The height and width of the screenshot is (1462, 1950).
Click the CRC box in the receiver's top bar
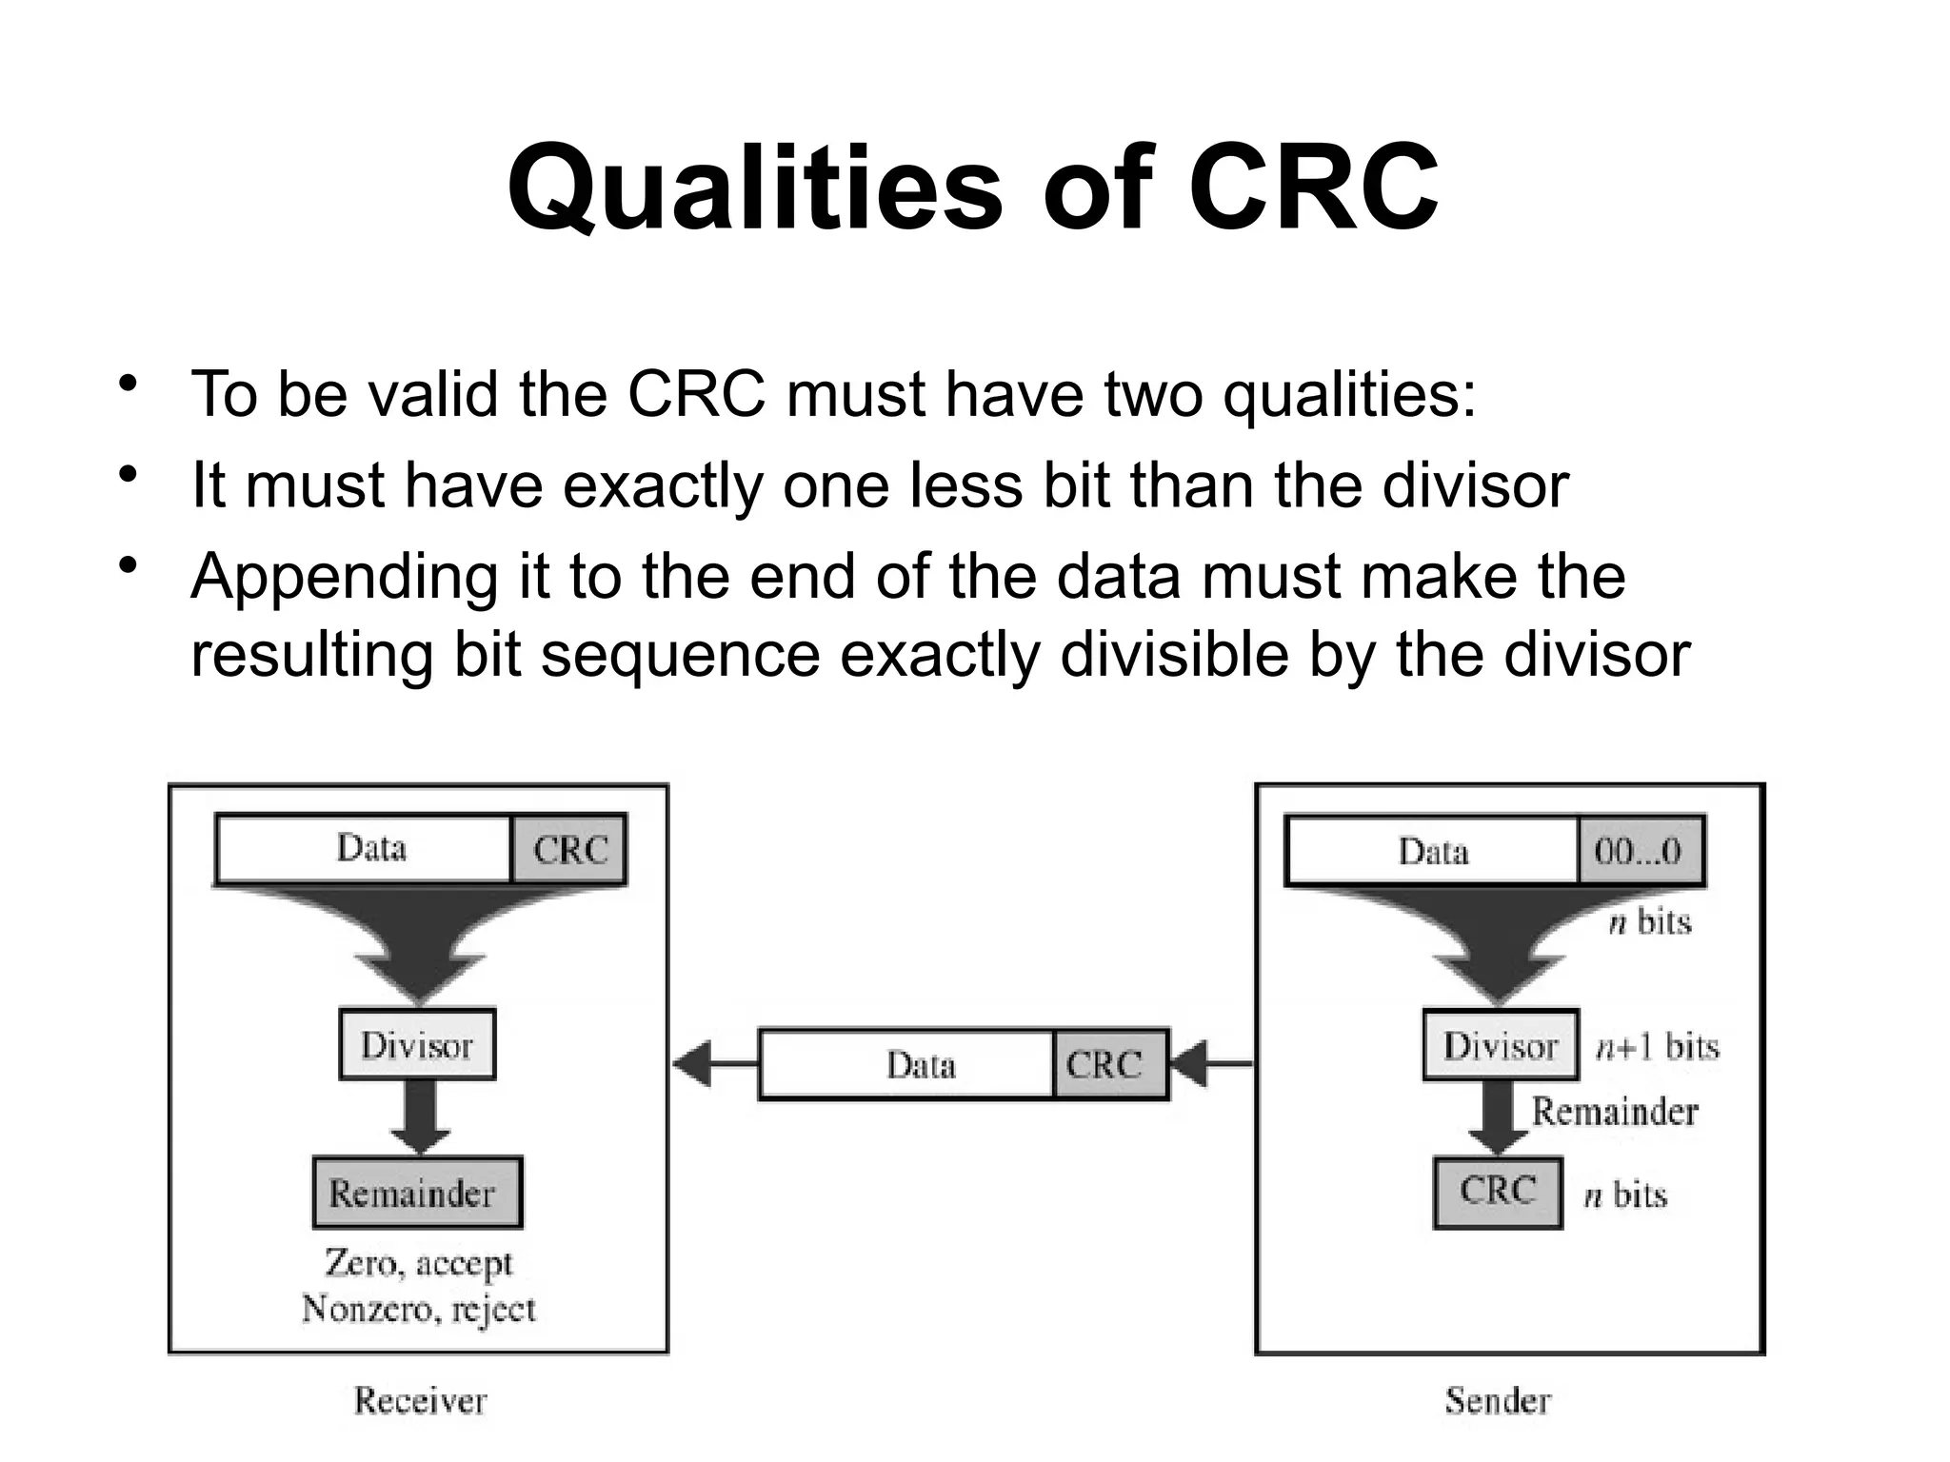point(569,849)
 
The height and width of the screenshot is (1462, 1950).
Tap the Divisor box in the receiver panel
point(417,1045)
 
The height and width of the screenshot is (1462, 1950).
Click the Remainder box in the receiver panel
point(417,1193)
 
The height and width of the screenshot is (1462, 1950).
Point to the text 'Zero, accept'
point(419,1263)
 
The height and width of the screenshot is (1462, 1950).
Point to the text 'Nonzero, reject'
point(419,1310)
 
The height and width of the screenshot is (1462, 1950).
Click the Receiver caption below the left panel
point(420,1400)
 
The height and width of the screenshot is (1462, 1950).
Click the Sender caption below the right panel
point(1498,1400)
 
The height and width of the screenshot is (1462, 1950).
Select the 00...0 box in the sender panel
point(1640,850)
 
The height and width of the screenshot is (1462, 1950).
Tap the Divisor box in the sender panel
point(1501,1045)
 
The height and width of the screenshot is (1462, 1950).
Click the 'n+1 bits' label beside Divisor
point(1658,1047)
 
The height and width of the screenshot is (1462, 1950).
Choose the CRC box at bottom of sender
point(1498,1192)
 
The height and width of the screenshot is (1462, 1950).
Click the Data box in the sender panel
point(1432,850)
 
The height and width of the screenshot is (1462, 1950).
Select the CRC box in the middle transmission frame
point(1109,1064)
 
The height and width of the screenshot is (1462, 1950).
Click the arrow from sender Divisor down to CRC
point(1499,1119)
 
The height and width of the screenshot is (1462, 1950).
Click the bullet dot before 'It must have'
point(128,475)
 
